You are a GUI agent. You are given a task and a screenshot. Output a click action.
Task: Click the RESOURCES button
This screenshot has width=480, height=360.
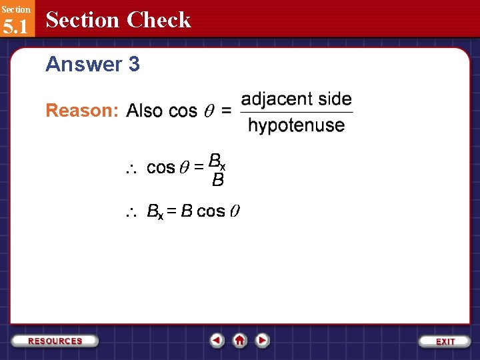(x=55, y=341)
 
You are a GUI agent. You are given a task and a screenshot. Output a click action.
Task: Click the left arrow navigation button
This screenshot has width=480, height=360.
(x=217, y=340)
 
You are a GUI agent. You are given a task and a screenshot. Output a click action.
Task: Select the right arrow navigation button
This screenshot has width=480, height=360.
(x=263, y=340)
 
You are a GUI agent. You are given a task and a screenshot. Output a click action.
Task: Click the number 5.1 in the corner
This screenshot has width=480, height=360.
(x=15, y=27)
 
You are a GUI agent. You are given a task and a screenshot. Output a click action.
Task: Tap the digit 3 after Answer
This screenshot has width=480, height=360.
(x=133, y=64)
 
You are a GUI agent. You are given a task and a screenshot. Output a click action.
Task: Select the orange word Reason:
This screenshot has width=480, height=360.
(x=82, y=111)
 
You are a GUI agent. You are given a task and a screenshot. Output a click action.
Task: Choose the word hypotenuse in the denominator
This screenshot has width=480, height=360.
(x=296, y=125)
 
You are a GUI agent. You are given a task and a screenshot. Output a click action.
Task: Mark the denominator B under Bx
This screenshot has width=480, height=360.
(x=217, y=180)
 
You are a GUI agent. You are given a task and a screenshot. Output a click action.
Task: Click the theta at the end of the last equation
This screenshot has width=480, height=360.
(x=235, y=212)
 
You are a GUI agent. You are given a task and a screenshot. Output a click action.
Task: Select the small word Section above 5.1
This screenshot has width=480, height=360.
(x=15, y=9)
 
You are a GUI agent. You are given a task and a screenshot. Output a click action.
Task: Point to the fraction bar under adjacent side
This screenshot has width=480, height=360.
(x=296, y=112)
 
